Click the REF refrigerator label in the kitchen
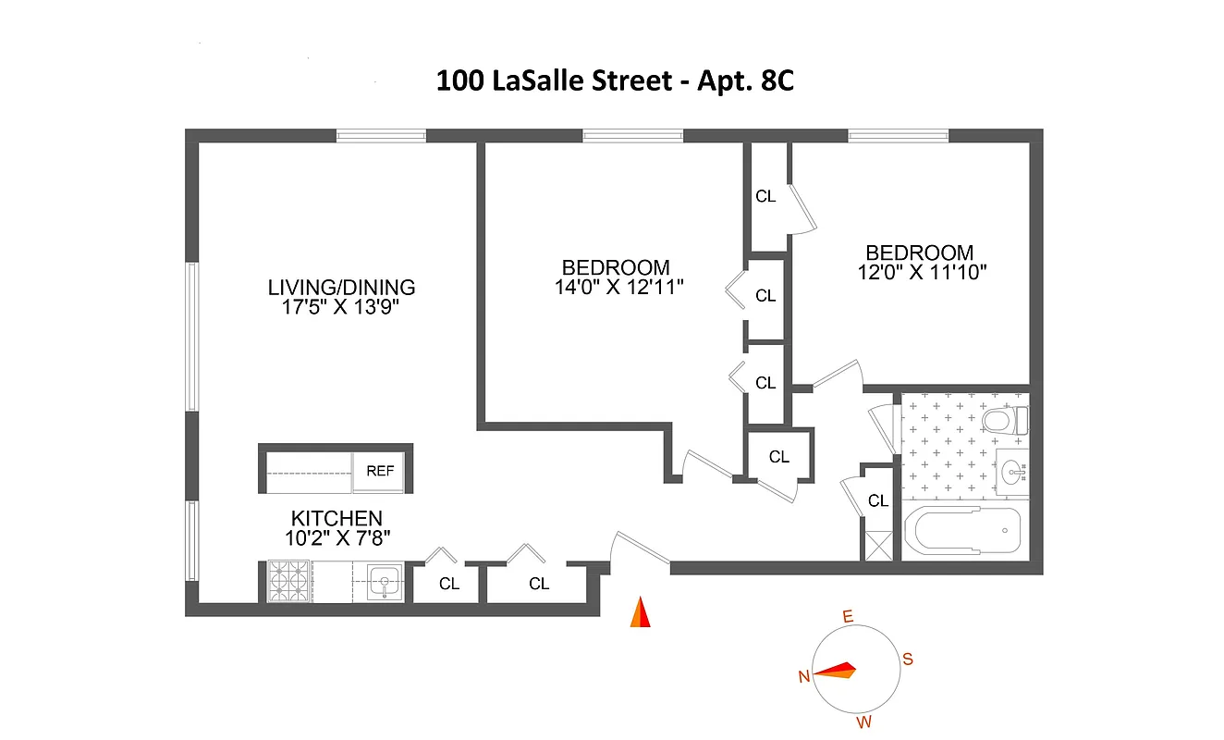(380, 471)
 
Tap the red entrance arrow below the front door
(640, 613)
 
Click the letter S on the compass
(908, 660)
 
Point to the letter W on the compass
(863, 721)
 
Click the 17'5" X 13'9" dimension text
(342, 307)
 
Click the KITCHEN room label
(337, 518)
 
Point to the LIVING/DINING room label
(342, 287)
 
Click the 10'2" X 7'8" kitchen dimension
(337, 538)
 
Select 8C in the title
(775, 81)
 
